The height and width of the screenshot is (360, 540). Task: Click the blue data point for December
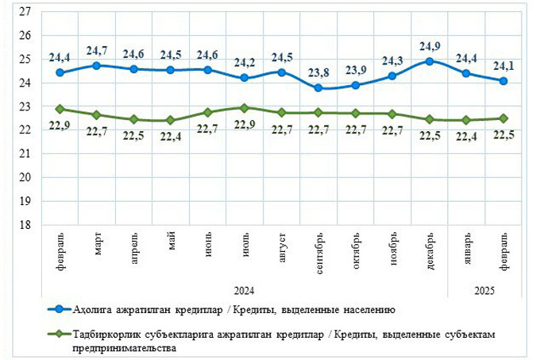430,61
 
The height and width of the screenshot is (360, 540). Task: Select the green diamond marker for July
244,107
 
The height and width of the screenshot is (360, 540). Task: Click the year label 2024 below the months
245,291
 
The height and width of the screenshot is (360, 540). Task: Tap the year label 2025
484,291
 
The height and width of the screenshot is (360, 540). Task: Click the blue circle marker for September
318,87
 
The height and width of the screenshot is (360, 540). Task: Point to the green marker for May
170,120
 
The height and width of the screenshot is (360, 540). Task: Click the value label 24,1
503,66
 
